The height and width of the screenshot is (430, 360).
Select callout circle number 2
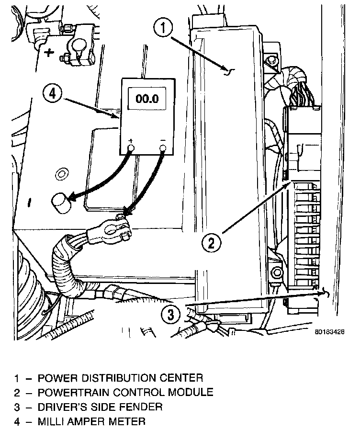pyautogui.click(x=210, y=242)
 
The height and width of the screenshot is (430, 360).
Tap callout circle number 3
pyautogui.click(x=171, y=315)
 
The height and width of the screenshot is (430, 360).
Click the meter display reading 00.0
pyautogui.click(x=146, y=100)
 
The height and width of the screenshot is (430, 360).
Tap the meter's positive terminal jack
pyautogui.click(x=130, y=148)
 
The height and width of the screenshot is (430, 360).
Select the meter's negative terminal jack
pyautogui.click(x=163, y=148)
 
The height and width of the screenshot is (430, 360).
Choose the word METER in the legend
pyautogui.click(x=127, y=421)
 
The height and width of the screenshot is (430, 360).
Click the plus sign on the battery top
pyautogui.click(x=49, y=51)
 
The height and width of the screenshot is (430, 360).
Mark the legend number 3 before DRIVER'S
pyautogui.click(x=17, y=407)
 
